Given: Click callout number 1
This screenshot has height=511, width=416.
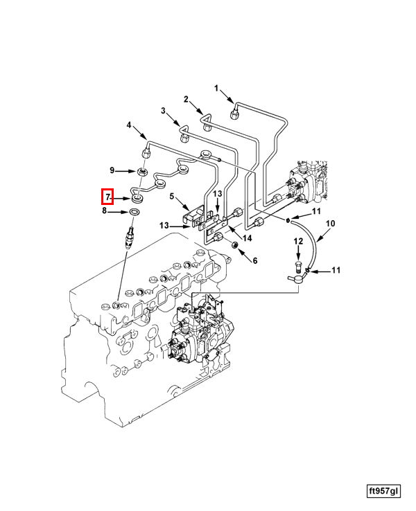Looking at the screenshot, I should point(216,88).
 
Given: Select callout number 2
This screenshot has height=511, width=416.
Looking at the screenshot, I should point(186,99).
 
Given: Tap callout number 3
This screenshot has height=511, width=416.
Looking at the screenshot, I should point(164,111).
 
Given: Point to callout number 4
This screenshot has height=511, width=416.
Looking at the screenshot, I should point(128,125).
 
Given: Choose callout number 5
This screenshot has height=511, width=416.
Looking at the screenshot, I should point(172,197).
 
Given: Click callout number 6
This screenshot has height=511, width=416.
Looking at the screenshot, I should point(254,260).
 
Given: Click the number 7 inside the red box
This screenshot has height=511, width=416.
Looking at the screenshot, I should point(107,197).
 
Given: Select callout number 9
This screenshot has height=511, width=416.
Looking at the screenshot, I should point(112,170).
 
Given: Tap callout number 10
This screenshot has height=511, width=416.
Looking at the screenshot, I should point(330,224).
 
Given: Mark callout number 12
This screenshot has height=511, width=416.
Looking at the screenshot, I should point(298,242).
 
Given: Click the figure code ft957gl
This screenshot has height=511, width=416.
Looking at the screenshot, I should point(383,491).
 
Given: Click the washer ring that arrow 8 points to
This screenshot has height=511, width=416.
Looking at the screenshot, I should point(135,211).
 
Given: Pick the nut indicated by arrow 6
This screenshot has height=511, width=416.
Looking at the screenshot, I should point(234,246).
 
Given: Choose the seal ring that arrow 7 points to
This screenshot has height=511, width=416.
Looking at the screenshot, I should point(137,199).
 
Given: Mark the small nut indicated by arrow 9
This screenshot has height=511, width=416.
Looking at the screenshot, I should point(141,172).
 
